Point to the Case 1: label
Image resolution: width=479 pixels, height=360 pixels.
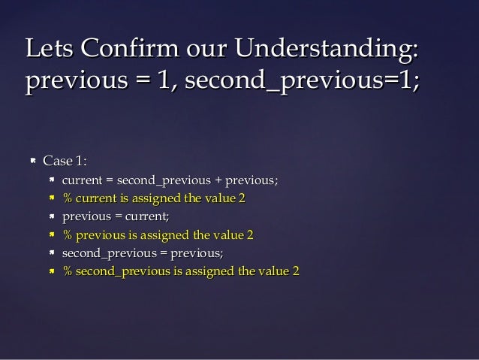tap(65, 161)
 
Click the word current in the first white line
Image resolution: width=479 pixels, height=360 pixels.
tap(82, 180)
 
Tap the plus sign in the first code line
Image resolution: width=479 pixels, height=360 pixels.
tap(220, 180)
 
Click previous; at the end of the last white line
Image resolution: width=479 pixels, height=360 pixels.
tap(197, 253)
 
